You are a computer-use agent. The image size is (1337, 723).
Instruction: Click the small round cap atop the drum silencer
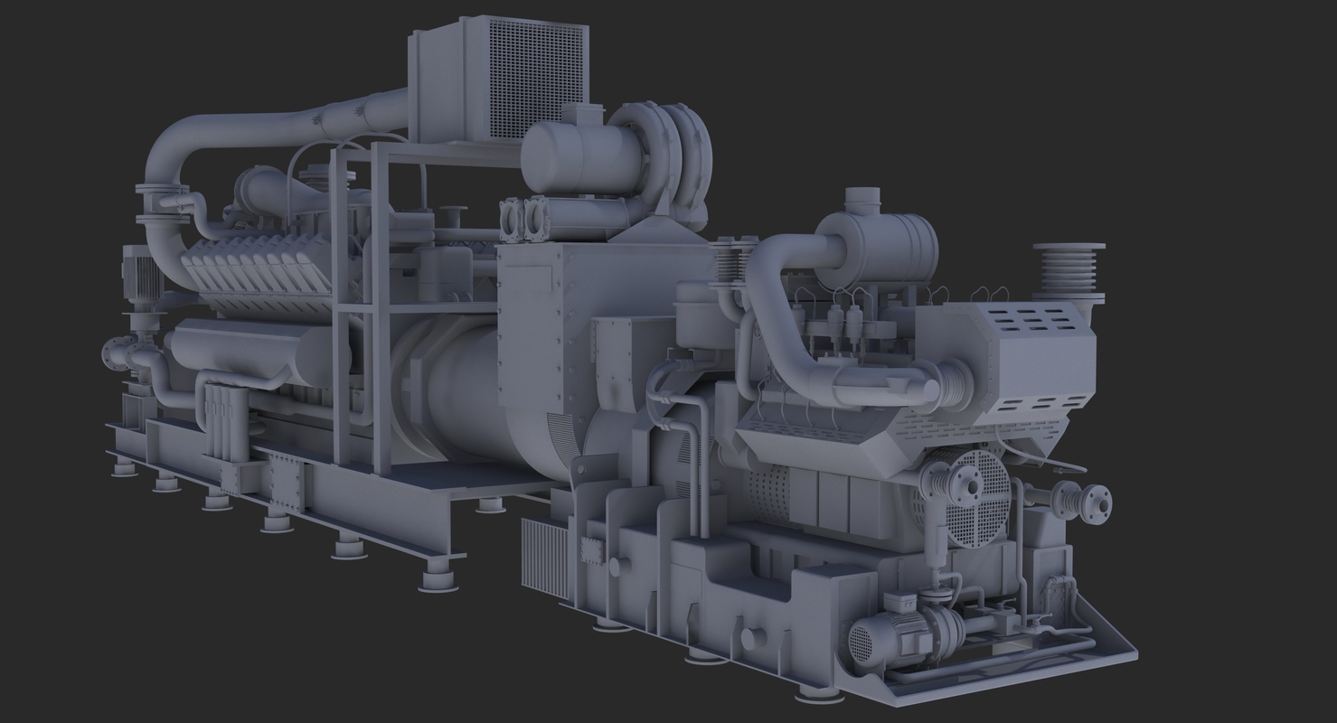point(862,196)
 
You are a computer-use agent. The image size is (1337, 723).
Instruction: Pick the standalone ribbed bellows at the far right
point(1069,271)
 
